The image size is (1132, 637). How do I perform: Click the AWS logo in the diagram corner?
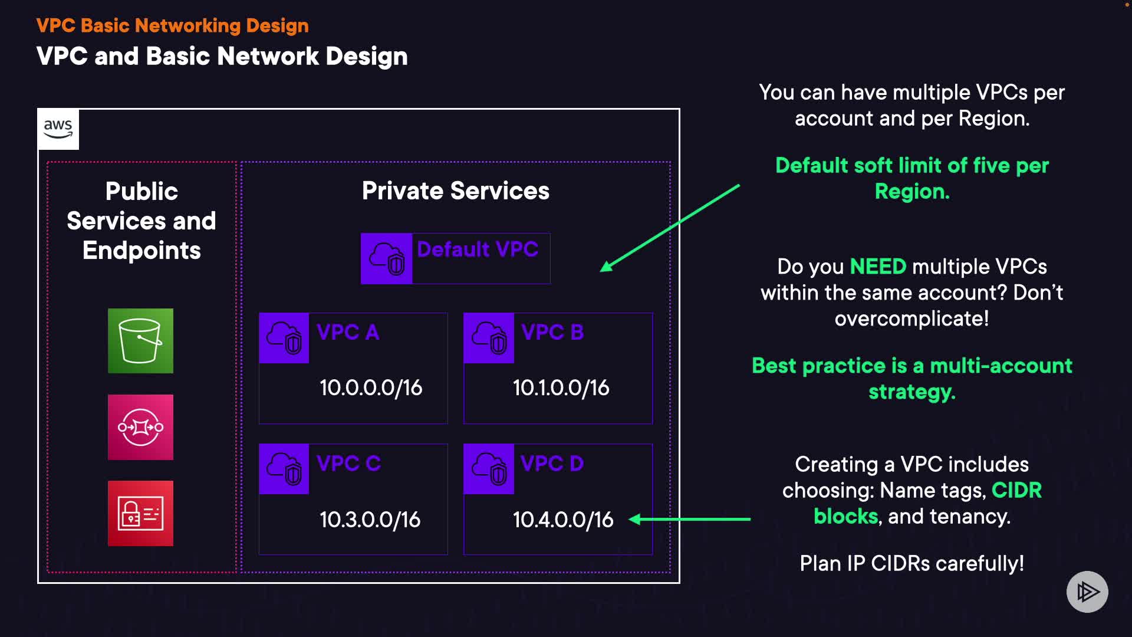click(58, 129)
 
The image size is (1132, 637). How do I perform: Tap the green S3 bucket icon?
click(140, 341)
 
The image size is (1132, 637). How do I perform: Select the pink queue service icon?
click(140, 427)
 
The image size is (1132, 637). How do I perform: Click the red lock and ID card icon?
click(140, 513)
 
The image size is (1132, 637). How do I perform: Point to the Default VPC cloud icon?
click(387, 258)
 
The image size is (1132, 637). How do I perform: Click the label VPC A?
click(348, 332)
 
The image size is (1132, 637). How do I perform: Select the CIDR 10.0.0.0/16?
click(371, 388)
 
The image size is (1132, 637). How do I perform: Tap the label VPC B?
click(552, 332)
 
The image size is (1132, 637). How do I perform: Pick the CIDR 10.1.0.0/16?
click(561, 388)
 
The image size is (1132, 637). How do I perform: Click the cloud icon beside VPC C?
click(284, 469)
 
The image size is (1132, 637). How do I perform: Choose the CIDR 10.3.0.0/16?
click(370, 520)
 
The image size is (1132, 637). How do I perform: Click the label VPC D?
click(552, 464)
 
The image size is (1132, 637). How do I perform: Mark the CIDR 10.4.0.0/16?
click(563, 520)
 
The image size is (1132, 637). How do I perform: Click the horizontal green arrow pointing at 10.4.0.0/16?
click(690, 519)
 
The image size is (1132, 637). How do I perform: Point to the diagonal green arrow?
click(670, 228)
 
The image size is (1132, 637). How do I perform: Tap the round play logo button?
click(1087, 592)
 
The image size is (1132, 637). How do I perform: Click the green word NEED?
click(878, 267)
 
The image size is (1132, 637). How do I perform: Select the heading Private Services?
click(456, 191)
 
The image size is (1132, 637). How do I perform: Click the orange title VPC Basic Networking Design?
click(173, 25)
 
